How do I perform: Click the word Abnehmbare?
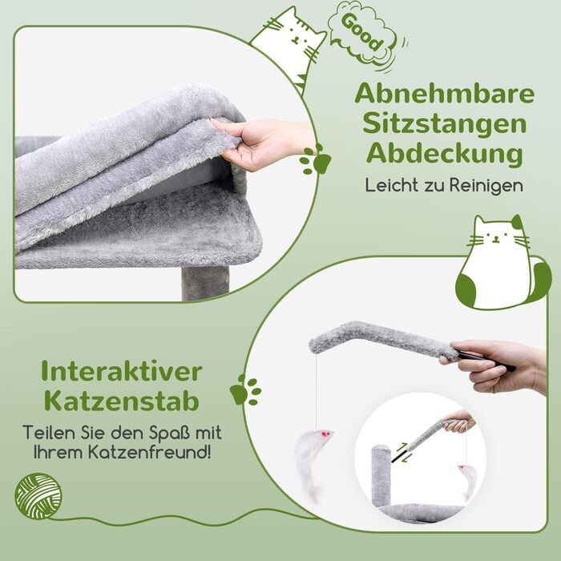tap(444, 94)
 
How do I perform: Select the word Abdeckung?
tap(444, 155)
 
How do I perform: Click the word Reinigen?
tap(486, 185)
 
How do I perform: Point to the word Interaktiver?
tap(122, 371)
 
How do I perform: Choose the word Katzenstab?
tap(122, 401)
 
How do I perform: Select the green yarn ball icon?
tap(38, 496)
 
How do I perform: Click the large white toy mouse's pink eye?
tap(325, 434)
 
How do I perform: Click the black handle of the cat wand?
tap(486, 361)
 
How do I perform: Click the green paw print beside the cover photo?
tap(315, 159)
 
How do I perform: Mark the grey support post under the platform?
tap(205, 283)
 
